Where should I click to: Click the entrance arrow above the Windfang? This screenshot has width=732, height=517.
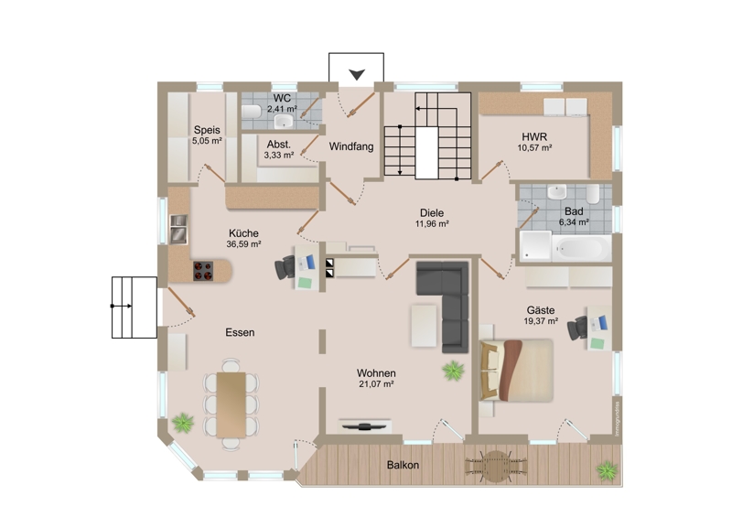[357, 75]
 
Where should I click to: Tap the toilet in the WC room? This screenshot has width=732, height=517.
[252, 112]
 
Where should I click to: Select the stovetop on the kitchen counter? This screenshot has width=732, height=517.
[203, 271]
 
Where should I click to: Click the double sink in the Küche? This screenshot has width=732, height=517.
[178, 229]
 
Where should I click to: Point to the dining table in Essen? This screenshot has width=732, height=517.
[231, 404]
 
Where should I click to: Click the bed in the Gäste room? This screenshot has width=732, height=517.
[517, 371]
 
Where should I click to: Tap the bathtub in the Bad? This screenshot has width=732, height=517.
[582, 248]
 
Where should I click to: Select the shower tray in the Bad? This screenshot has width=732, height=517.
[536, 245]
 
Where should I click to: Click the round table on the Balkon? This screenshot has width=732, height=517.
[496, 466]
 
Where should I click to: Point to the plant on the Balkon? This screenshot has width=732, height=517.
[607, 470]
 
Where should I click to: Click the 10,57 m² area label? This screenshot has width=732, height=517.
[534, 148]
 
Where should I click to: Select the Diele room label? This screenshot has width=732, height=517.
[432, 213]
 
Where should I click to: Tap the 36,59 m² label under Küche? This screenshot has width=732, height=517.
[243, 243]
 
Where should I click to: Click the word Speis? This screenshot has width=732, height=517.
[207, 130]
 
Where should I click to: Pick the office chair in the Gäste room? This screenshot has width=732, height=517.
[577, 328]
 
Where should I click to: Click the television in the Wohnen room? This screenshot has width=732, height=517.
[364, 425]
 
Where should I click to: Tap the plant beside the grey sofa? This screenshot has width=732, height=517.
[453, 371]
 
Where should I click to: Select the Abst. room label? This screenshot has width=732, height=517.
[279, 145]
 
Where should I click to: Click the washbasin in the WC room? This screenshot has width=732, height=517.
[284, 122]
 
